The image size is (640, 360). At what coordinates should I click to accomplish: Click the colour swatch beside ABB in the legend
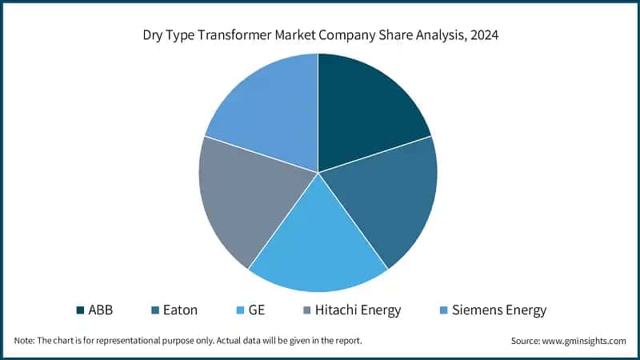point(81,310)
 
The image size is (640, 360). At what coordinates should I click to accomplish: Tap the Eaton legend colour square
point(155,310)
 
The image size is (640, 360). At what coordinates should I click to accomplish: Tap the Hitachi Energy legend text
point(358,310)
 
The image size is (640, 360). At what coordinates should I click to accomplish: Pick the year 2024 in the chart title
point(482,35)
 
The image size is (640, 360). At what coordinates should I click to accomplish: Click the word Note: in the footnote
point(25,341)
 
